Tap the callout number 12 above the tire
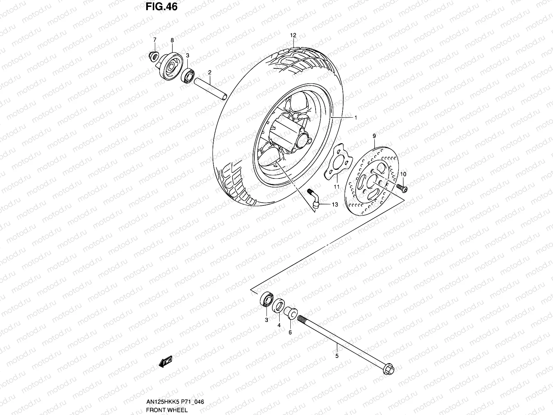click(293, 35)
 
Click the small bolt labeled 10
click(402, 187)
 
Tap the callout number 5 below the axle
click(337, 356)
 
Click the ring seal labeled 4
click(278, 306)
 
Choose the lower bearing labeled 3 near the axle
click(266, 299)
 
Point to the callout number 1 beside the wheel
click(355, 118)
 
